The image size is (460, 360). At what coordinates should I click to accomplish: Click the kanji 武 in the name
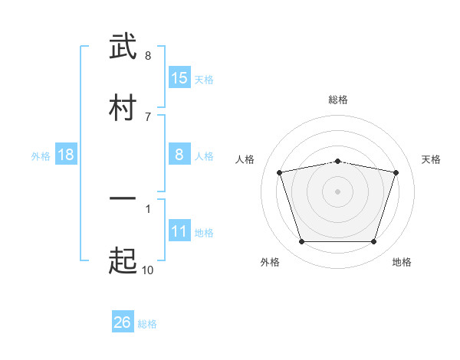coord(123,46)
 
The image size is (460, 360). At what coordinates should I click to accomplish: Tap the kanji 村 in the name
coord(123,107)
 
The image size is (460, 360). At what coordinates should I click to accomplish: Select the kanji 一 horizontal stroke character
coord(123,198)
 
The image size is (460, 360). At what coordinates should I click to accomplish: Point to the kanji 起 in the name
coord(123,260)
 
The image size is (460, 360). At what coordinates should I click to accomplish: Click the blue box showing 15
coord(179,77)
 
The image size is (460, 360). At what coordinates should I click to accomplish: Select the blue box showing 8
coord(179,154)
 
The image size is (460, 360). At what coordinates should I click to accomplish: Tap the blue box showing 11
coord(179,230)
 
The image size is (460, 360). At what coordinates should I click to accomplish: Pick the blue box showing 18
coord(66,154)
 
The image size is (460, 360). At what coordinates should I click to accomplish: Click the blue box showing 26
coord(123,321)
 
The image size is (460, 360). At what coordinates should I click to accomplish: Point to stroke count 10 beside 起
coord(147,270)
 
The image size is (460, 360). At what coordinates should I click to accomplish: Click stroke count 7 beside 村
coord(148,117)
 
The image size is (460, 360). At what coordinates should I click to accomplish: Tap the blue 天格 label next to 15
coord(204,80)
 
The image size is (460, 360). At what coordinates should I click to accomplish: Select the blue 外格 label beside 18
coord(41,156)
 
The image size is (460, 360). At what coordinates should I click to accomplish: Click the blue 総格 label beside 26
coord(147,324)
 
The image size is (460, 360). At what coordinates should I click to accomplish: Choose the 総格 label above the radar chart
coord(338,100)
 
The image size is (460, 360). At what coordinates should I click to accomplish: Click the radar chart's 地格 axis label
coord(402,262)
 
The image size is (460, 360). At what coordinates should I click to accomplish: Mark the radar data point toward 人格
coord(280,172)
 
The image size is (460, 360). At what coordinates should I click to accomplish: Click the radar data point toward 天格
coord(396,172)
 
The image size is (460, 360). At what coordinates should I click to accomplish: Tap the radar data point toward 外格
coord(302,241)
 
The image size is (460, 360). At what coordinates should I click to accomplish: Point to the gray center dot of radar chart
coord(337,191)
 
